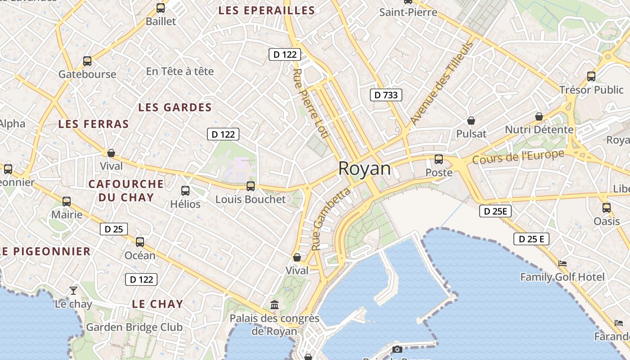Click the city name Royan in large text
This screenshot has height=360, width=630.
click(x=364, y=168)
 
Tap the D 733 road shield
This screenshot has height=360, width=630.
click(x=386, y=95)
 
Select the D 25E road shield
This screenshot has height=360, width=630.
click(x=495, y=211)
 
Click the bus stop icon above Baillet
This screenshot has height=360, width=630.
click(x=161, y=8)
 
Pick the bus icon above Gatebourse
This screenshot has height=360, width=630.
click(x=87, y=61)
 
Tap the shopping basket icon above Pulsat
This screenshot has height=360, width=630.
click(x=471, y=121)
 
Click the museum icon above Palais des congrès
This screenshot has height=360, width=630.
click(x=274, y=305)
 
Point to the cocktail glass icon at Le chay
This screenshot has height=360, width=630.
click(x=73, y=290)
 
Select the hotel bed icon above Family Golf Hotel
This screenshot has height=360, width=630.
click(x=562, y=264)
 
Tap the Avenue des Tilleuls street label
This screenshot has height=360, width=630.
click(x=442, y=83)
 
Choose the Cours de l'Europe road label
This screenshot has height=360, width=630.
click(x=518, y=157)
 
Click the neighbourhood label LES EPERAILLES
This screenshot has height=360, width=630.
click(x=266, y=11)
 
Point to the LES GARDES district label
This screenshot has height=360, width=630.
click(x=175, y=108)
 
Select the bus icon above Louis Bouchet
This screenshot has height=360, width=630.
click(x=251, y=186)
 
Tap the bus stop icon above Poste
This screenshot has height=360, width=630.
click(x=439, y=159)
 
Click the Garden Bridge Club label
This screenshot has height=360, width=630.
click(x=134, y=327)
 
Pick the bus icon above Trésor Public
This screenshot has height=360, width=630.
click(x=591, y=76)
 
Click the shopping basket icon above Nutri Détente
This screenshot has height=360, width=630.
click(x=539, y=117)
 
